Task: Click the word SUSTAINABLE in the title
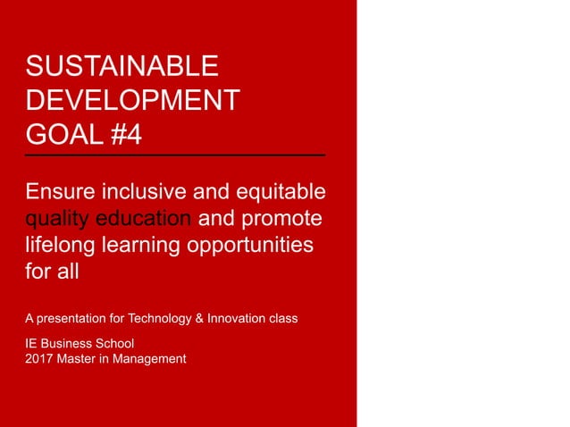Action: pos(122,67)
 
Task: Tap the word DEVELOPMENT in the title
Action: pos(133,101)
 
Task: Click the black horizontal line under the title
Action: pos(175,156)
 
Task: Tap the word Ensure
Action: pos(62,193)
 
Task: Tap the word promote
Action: pos(285,219)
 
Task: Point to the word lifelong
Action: pos(60,246)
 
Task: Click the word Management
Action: pos(152,358)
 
